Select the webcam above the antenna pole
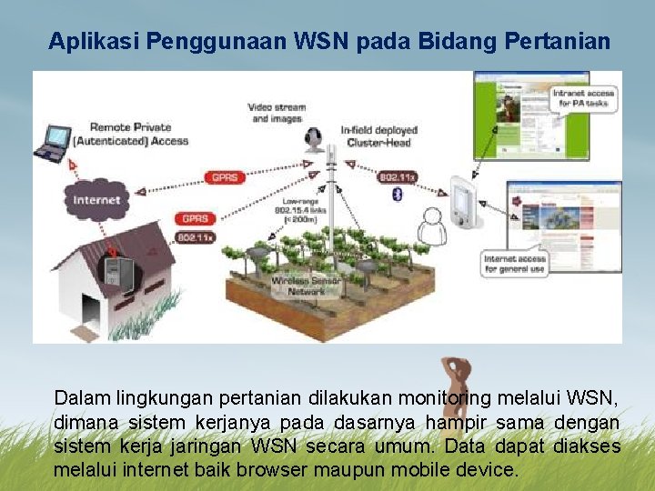coord(315,139)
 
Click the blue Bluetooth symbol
coord(396,195)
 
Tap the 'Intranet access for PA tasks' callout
coord(583,98)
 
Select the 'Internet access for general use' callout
coord(515,264)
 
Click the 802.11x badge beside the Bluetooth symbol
coord(397,177)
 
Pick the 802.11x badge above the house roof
coord(196,237)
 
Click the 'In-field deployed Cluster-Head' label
coord(376,136)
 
